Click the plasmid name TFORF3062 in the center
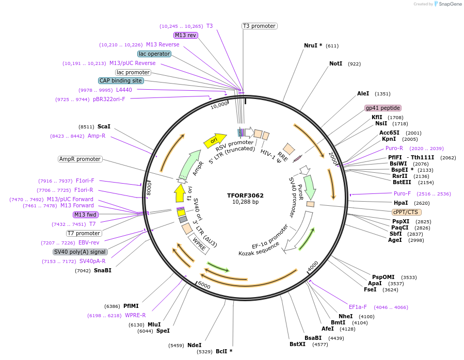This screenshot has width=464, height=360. tap(245, 195)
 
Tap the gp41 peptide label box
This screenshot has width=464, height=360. tap(382, 108)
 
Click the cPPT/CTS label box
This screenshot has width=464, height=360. tap(407, 212)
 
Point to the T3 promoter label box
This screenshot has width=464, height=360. tap(259, 26)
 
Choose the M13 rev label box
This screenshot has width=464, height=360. tap(185, 35)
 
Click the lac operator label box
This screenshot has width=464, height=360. tap(154, 54)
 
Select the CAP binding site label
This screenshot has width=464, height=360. tap(120, 80)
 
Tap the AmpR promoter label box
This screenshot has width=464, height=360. tap(80, 159)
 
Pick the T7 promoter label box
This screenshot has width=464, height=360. tap(84, 233)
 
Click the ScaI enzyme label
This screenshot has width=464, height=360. tap(104, 126)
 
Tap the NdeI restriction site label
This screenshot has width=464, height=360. tap(194, 345)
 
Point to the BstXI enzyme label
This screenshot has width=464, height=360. tap(297, 344)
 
